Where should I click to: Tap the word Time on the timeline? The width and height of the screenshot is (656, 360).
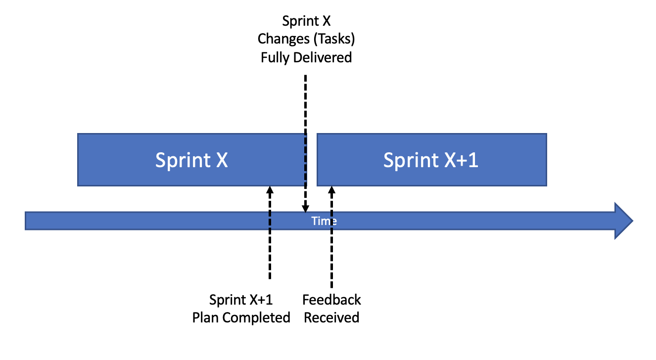pyautogui.click(x=324, y=221)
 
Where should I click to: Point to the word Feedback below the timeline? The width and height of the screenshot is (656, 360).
pyautogui.click(x=331, y=300)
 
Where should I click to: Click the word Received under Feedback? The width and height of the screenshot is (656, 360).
pyautogui.click(x=331, y=317)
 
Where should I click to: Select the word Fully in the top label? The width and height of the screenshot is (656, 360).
pyautogui.click(x=276, y=57)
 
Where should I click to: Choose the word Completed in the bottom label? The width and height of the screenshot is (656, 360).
pyautogui.click(x=256, y=317)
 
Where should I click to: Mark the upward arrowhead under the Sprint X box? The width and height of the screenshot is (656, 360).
pyautogui.click(x=270, y=190)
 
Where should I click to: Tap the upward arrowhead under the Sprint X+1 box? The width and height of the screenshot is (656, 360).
pyautogui.click(x=331, y=190)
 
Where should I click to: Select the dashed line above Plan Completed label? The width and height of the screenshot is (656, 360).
pyautogui.click(x=270, y=237)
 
